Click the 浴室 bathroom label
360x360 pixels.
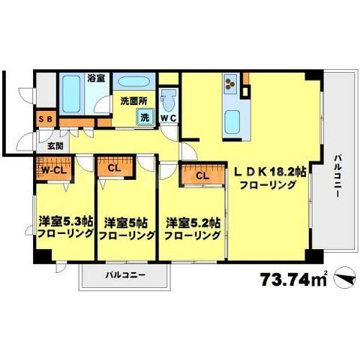[94, 77]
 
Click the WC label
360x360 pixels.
[167, 116]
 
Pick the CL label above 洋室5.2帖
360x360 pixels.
[202, 177]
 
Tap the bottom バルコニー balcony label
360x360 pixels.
[124, 274]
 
